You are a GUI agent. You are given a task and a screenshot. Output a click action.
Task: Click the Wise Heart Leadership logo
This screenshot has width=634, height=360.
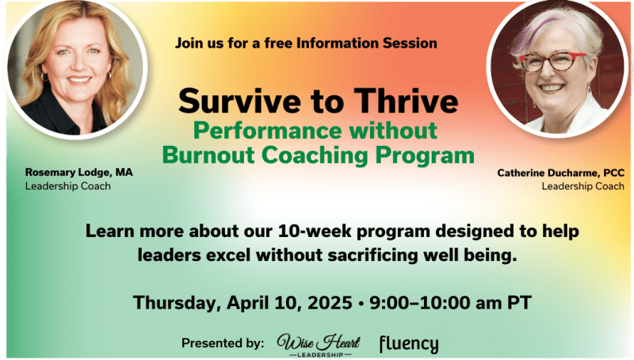tap(319, 345)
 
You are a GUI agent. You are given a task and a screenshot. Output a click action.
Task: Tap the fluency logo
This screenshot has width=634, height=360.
tap(409, 345)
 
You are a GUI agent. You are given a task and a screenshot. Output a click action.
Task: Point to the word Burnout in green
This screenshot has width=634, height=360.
tap(208, 155)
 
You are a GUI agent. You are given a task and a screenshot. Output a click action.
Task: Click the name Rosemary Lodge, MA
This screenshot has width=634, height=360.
tap(78, 172)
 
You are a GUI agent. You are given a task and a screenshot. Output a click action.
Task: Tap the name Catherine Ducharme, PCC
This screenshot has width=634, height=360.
tap(561, 173)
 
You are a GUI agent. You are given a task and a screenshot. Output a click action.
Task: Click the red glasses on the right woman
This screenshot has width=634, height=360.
tap(552, 63)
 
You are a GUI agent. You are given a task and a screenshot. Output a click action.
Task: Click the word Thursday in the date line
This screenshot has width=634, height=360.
tap(177, 303)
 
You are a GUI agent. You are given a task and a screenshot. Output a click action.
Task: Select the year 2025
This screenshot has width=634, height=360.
tap(330, 303)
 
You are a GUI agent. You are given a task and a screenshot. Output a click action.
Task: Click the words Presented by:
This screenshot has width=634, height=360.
tap(223, 343)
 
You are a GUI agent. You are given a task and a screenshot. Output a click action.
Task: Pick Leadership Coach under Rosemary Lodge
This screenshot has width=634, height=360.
tap(68, 186)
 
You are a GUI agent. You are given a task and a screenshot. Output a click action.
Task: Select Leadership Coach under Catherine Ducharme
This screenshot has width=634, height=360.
tap(583, 186)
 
